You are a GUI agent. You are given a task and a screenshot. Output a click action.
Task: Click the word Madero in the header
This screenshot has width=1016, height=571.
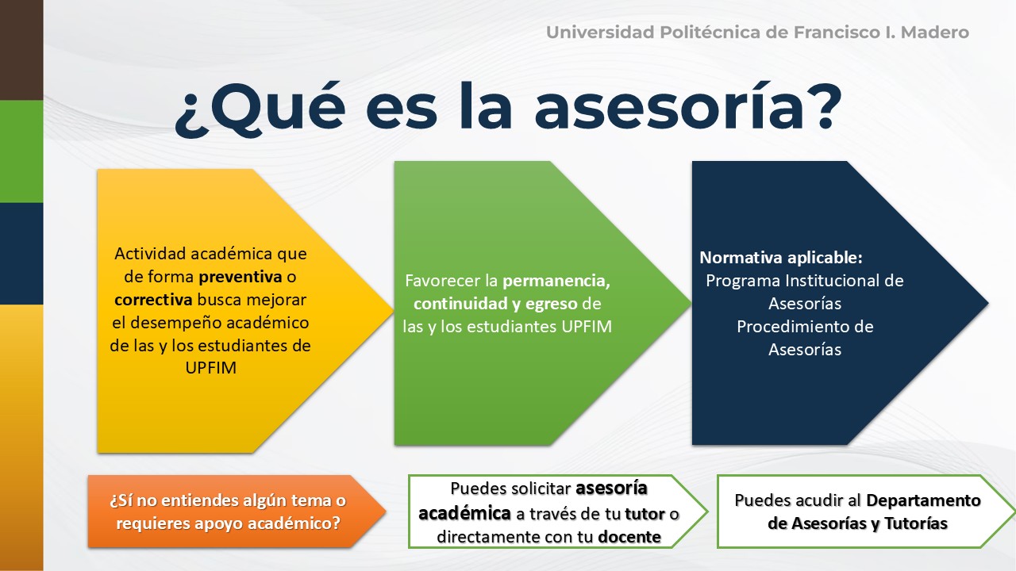pos(935,33)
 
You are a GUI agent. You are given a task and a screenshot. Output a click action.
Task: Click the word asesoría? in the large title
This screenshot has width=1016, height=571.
pos(688,108)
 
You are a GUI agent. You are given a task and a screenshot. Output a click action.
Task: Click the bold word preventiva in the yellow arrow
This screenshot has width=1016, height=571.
pos(241,277)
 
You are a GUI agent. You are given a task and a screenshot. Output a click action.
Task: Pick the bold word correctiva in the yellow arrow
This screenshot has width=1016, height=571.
pos(153,300)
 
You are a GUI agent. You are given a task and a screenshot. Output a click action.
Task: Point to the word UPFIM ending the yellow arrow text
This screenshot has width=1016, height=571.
pos(211,367)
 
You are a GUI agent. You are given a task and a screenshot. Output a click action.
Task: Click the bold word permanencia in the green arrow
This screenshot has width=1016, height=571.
pos(556,282)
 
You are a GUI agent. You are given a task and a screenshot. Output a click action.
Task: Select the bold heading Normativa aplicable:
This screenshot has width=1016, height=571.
pos(781,258)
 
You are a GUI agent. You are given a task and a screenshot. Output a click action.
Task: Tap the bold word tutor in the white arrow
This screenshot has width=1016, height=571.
pos(645,514)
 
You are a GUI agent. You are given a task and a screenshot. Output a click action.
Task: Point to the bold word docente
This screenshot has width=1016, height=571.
pos(629,537)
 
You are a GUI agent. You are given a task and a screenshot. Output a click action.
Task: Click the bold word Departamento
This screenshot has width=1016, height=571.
pos(923,500)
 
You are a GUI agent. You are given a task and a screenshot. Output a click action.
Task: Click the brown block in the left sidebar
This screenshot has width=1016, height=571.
pos(21,50)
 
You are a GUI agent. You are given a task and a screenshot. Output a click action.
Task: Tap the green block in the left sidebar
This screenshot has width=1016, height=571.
pos(21,151)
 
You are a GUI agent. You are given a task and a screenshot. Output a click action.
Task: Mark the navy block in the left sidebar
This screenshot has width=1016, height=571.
pos(21,253)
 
